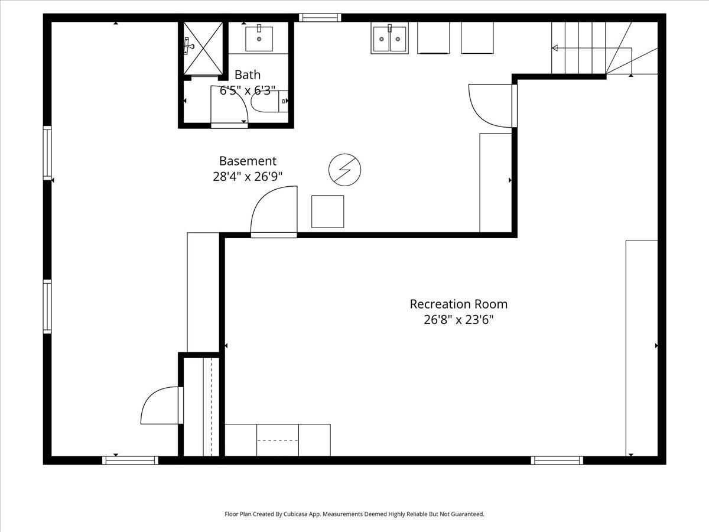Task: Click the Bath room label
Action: click(248, 74)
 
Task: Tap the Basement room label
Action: click(248, 161)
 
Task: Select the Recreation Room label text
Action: click(458, 304)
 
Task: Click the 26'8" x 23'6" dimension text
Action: click(458, 320)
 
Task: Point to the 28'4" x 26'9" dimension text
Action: click(248, 177)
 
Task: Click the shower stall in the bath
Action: click(203, 48)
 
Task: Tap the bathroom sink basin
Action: click(259, 39)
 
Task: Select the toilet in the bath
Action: click(269, 101)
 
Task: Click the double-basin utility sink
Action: click(389, 38)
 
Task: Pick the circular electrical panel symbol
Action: click(344, 170)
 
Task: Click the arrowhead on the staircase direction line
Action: click(555, 48)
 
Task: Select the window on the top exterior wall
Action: click(320, 18)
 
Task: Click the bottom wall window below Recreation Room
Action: click(557, 460)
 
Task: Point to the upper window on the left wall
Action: click(47, 153)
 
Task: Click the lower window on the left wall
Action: click(47, 307)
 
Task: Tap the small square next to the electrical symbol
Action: click(327, 212)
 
